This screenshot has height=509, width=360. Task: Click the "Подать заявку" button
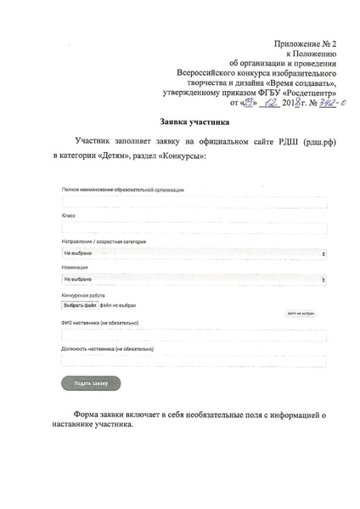(92, 382)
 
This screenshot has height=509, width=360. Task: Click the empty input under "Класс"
(194, 228)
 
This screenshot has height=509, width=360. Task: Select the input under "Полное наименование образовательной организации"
(194, 202)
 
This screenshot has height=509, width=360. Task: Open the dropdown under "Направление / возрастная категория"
(194, 253)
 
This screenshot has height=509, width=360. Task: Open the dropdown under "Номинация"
(194, 278)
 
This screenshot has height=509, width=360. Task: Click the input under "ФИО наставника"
(194, 335)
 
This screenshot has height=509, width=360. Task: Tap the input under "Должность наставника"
(194, 359)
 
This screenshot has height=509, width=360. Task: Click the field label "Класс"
(69, 216)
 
